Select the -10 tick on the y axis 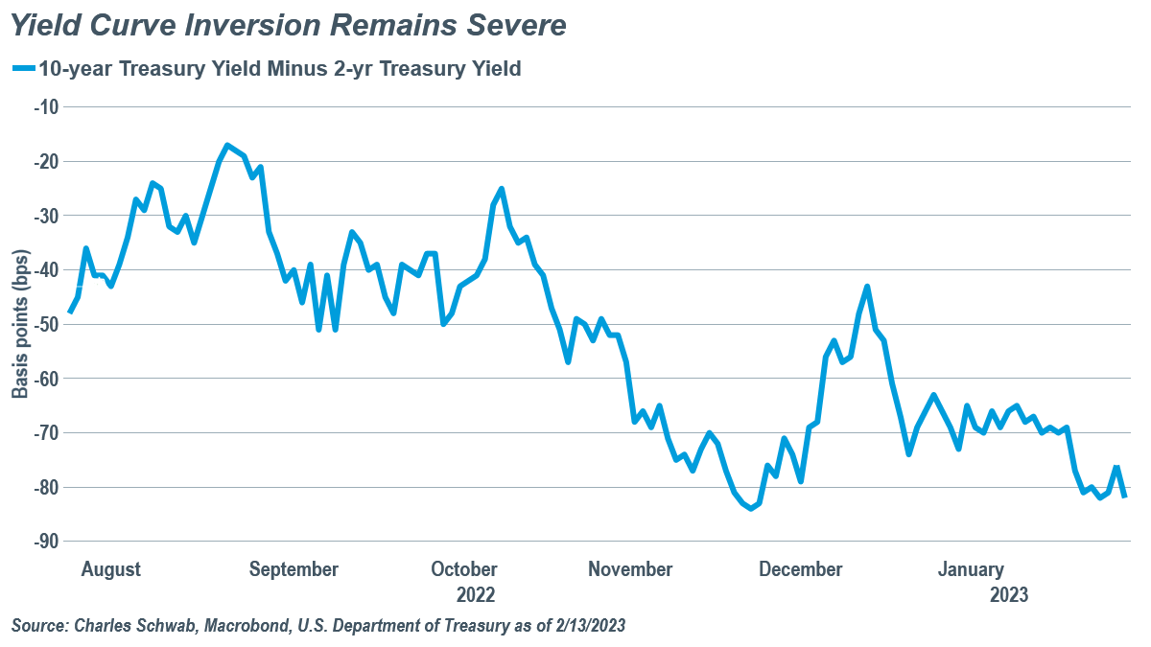pyautogui.click(x=46, y=106)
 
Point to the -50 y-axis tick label pyautogui.click(x=46, y=324)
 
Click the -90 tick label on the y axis pyautogui.click(x=46, y=542)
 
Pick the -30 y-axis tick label pyautogui.click(x=46, y=216)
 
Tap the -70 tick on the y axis pyautogui.click(x=46, y=433)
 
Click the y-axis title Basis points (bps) pyautogui.click(x=20, y=324)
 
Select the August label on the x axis pyautogui.click(x=111, y=569)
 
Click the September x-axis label pyautogui.click(x=294, y=569)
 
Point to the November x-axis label pyautogui.click(x=630, y=569)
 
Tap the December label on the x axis pyautogui.click(x=800, y=569)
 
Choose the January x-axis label pyautogui.click(x=971, y=569)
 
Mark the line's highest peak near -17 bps pyautogui.click(x=227, y=146)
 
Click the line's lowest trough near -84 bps pyautogui.click(x=750, y=508)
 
